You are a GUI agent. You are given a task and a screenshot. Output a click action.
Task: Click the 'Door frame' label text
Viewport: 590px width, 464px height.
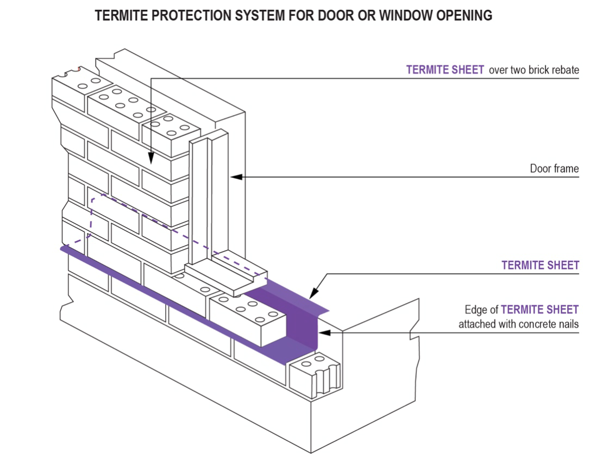pos(554,169)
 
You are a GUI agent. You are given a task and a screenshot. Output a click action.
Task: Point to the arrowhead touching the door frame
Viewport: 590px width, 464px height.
pos(234,176)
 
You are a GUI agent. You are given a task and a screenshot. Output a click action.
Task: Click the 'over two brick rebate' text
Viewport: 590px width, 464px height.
pos(534,70)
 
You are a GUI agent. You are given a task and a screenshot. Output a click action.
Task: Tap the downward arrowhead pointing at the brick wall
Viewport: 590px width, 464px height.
pos(150,160)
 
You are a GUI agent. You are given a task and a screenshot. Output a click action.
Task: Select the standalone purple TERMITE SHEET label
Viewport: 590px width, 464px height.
pos(540,266)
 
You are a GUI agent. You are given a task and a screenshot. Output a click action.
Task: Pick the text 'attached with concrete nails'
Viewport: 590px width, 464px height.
pos(518,325)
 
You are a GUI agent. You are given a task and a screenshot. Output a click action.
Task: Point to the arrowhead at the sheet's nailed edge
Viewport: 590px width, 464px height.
pos(321,332)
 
